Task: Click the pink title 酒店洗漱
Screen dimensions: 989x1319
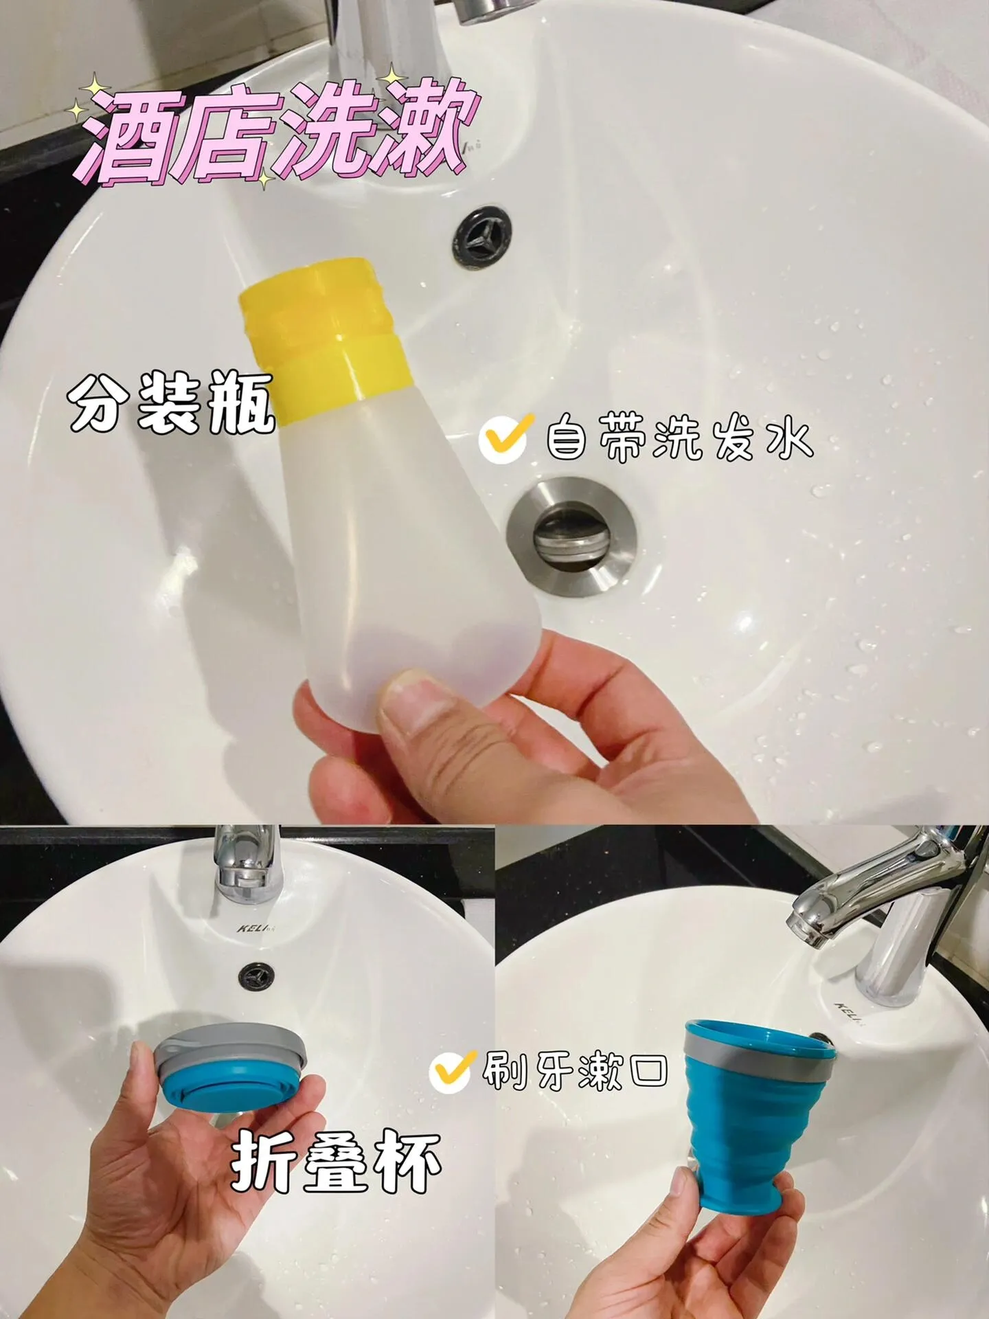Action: (x=274, y=134)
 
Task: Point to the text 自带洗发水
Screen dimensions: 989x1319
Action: (x=679, y=439)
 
